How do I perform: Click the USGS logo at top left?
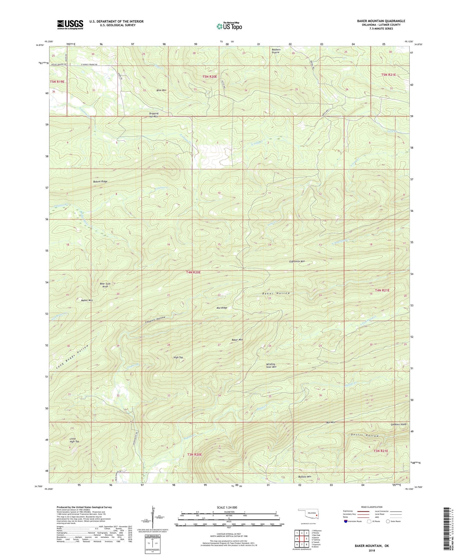[70, 25]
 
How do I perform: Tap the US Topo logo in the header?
[229, 26]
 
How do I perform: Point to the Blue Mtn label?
[161, 90]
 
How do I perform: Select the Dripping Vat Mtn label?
[153, 115]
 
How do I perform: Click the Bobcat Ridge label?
[100, 182]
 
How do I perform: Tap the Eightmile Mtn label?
[295, 261]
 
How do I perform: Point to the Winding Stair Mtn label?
[271, 366]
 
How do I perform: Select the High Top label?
[178, 357]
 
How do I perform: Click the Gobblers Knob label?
[398, 425]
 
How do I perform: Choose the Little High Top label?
[74, 440]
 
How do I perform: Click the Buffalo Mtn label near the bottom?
[304, 477]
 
